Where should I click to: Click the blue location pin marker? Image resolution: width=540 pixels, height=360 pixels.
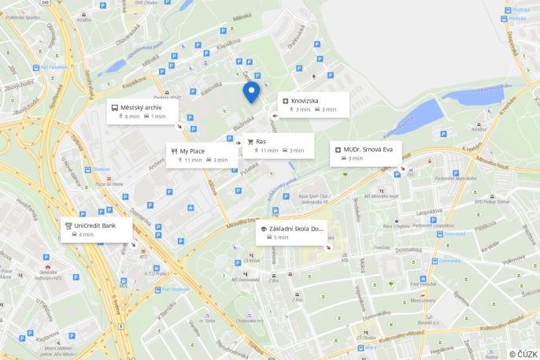click(x=251, y=91)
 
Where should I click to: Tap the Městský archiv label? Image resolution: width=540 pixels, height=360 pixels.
click(x=142, y=107)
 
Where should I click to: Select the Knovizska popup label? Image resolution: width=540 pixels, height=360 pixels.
click(x=305, y=101)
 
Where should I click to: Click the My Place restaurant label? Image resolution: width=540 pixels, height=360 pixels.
click(x=192, y=150)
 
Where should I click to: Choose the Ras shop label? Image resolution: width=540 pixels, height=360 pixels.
click(x=261, y=142)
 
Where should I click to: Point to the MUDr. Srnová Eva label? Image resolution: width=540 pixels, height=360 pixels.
click(x=368, y=149)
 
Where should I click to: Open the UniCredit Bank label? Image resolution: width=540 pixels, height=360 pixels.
click(x=94, y=225)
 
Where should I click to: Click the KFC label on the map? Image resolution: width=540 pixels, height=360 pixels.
click(x=143, y=257)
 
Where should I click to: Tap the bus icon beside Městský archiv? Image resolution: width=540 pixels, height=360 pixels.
click(x=114, y=107)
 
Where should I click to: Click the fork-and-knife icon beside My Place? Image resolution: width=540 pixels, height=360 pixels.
click(x=173, y=150)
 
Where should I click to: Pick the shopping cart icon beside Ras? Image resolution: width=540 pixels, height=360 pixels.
click(x=250, y=142)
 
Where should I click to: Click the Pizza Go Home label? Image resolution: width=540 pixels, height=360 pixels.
click(x=109, y=184)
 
